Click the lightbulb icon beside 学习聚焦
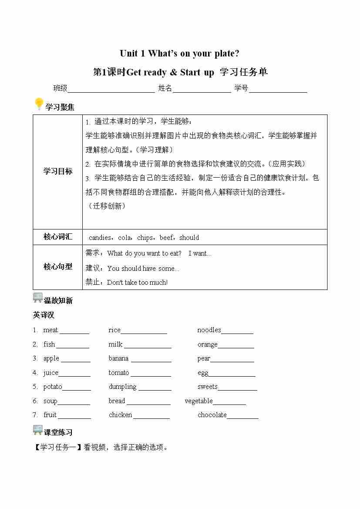click(x=39, y=104)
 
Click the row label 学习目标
click(x=57, y=171)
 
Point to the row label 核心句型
click(x=57, y=266)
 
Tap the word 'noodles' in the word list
click(x=209, y=330)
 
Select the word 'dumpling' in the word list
click(x=122, y=387)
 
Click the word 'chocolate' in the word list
click(x=212, y=415)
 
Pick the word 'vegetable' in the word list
click(x=199, y=401)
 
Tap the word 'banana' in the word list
click(x=118, y=358)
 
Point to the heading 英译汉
click(x=44, y=315)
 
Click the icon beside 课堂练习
click(x=38, y=430)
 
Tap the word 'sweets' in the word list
click(x=207, y=387)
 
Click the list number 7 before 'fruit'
click(x=35, y=415)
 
